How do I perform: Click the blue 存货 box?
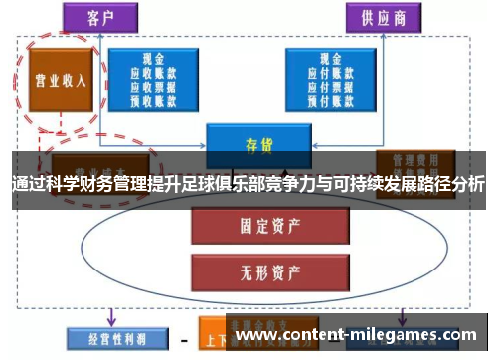251,143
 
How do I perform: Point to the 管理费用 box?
416,162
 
